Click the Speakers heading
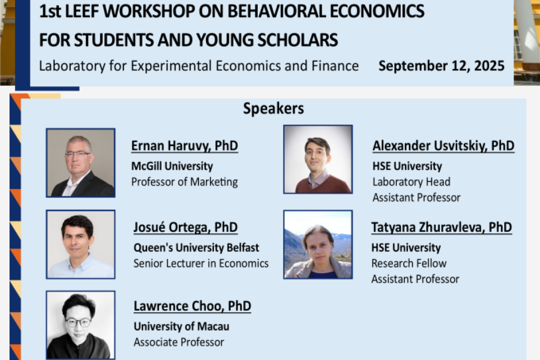click(x=273, y=109)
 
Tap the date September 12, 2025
click(x=441, y=66)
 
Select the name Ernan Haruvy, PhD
click(x=184, y=146)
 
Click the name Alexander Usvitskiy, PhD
click(x=444, y=146)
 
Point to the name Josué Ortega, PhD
click(x=185, y=227)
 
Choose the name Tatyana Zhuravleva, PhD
click(x=441, y=227)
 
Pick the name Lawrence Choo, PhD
click(x=192, y=306)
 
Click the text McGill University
click(x=172, y=166)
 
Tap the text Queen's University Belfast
click(x=196, y=248)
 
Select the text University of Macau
click(x=181, y=326)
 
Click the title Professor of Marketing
click(x=184, y=182)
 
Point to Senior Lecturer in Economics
click(x=201, y=264)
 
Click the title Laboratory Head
click(x=411, y=182)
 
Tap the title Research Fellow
click(x=409, y=264)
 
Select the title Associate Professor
click(x=179, y=342)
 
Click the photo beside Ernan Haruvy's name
click(x=81, y=163)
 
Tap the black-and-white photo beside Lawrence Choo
click(x=81, y=325)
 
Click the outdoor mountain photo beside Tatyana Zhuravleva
click(x=318, y=244)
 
